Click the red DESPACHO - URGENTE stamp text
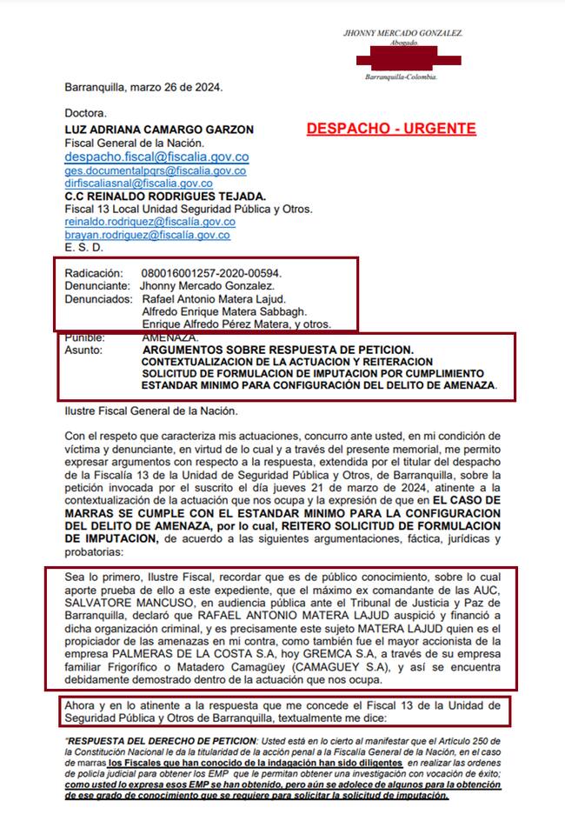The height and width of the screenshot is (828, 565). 390,129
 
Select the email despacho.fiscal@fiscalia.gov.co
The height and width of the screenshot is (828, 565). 156,157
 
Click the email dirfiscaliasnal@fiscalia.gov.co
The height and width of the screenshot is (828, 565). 138,184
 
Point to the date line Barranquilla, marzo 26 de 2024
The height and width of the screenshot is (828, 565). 143,87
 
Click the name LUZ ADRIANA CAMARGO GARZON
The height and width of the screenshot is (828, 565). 159,130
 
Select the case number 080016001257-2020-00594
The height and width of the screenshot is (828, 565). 211,273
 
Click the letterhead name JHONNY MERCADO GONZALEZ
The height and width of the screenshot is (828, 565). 403,33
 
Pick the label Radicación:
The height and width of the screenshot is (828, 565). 94,273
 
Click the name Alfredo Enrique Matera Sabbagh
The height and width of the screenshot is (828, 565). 223,311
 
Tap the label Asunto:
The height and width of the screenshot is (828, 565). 83,350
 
